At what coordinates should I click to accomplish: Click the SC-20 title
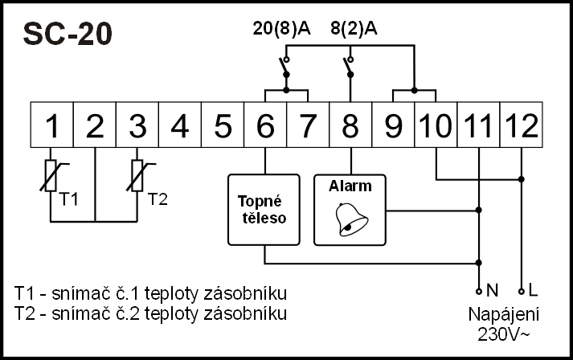point(67,34)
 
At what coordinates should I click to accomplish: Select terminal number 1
point(52,125)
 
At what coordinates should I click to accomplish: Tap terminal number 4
point(180,125)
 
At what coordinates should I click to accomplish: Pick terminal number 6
point(265,125)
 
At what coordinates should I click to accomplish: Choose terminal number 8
point(350,125)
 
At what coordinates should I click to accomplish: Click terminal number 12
point(521,125)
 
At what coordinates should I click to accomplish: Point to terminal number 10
point(436,125)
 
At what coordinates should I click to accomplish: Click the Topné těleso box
point(264,209)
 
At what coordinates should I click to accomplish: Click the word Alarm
point(350,186)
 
